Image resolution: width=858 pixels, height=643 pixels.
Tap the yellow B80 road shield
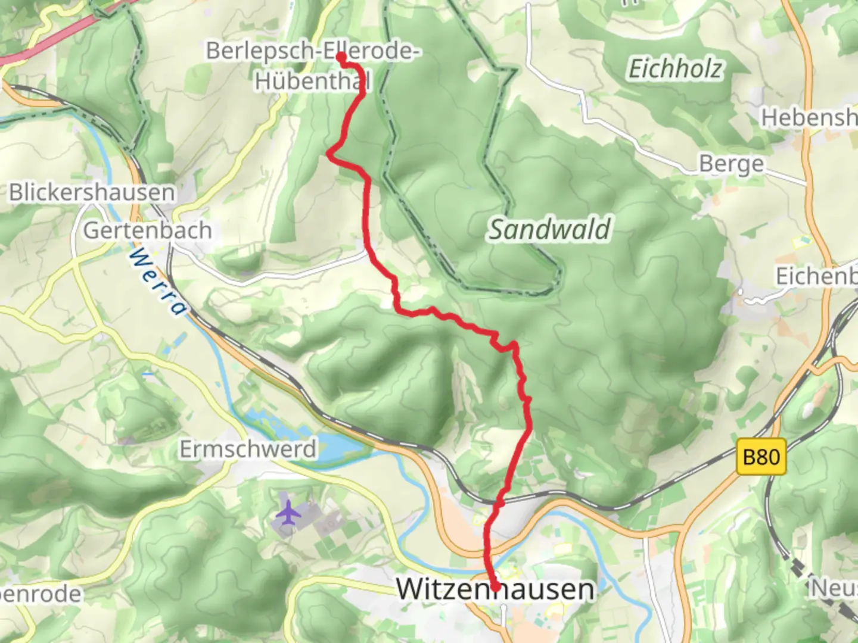click(761, 457)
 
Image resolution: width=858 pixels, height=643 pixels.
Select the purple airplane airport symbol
click(289, 513)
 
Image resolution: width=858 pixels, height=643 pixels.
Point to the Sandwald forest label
click(549, 230)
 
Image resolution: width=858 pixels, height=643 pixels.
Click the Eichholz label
click(676, 69)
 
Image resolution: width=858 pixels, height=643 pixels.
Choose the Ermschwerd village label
click(248, 449)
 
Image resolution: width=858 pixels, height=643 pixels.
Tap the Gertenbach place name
click(147, 230)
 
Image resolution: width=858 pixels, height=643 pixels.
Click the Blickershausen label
click(92, 193)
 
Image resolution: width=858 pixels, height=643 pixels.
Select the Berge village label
click(731, 164)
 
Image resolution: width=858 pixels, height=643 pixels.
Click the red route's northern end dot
click(341, 57)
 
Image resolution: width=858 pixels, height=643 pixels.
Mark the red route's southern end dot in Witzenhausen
click(495, 588)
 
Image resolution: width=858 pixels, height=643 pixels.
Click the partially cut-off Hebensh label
click(809, 118)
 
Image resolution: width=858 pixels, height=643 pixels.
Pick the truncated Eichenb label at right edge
click(816, 276)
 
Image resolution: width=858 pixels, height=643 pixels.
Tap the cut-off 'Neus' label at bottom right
click(834, 588)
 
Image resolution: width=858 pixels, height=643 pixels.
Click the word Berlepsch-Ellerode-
click(313, 51)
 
